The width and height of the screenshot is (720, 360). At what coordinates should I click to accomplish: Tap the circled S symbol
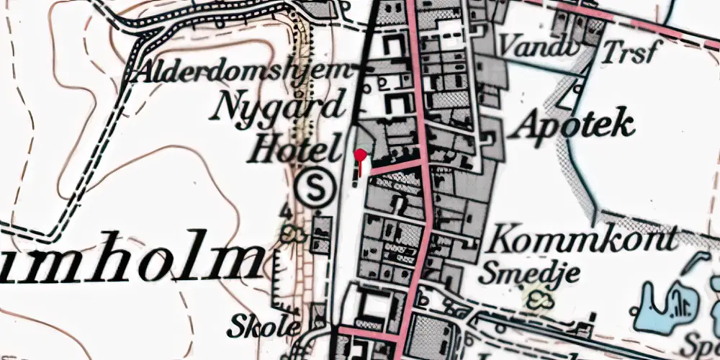point(315,188)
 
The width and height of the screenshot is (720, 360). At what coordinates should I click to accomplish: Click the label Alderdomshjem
point(245,72)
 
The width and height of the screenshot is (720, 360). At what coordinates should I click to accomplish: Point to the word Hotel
point(294,151)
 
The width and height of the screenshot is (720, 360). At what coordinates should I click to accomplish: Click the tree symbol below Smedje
point(536,298)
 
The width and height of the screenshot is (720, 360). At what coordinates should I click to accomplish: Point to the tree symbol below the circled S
point(291,232)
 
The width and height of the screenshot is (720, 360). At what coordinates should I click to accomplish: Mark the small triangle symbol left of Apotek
point(575,91)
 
